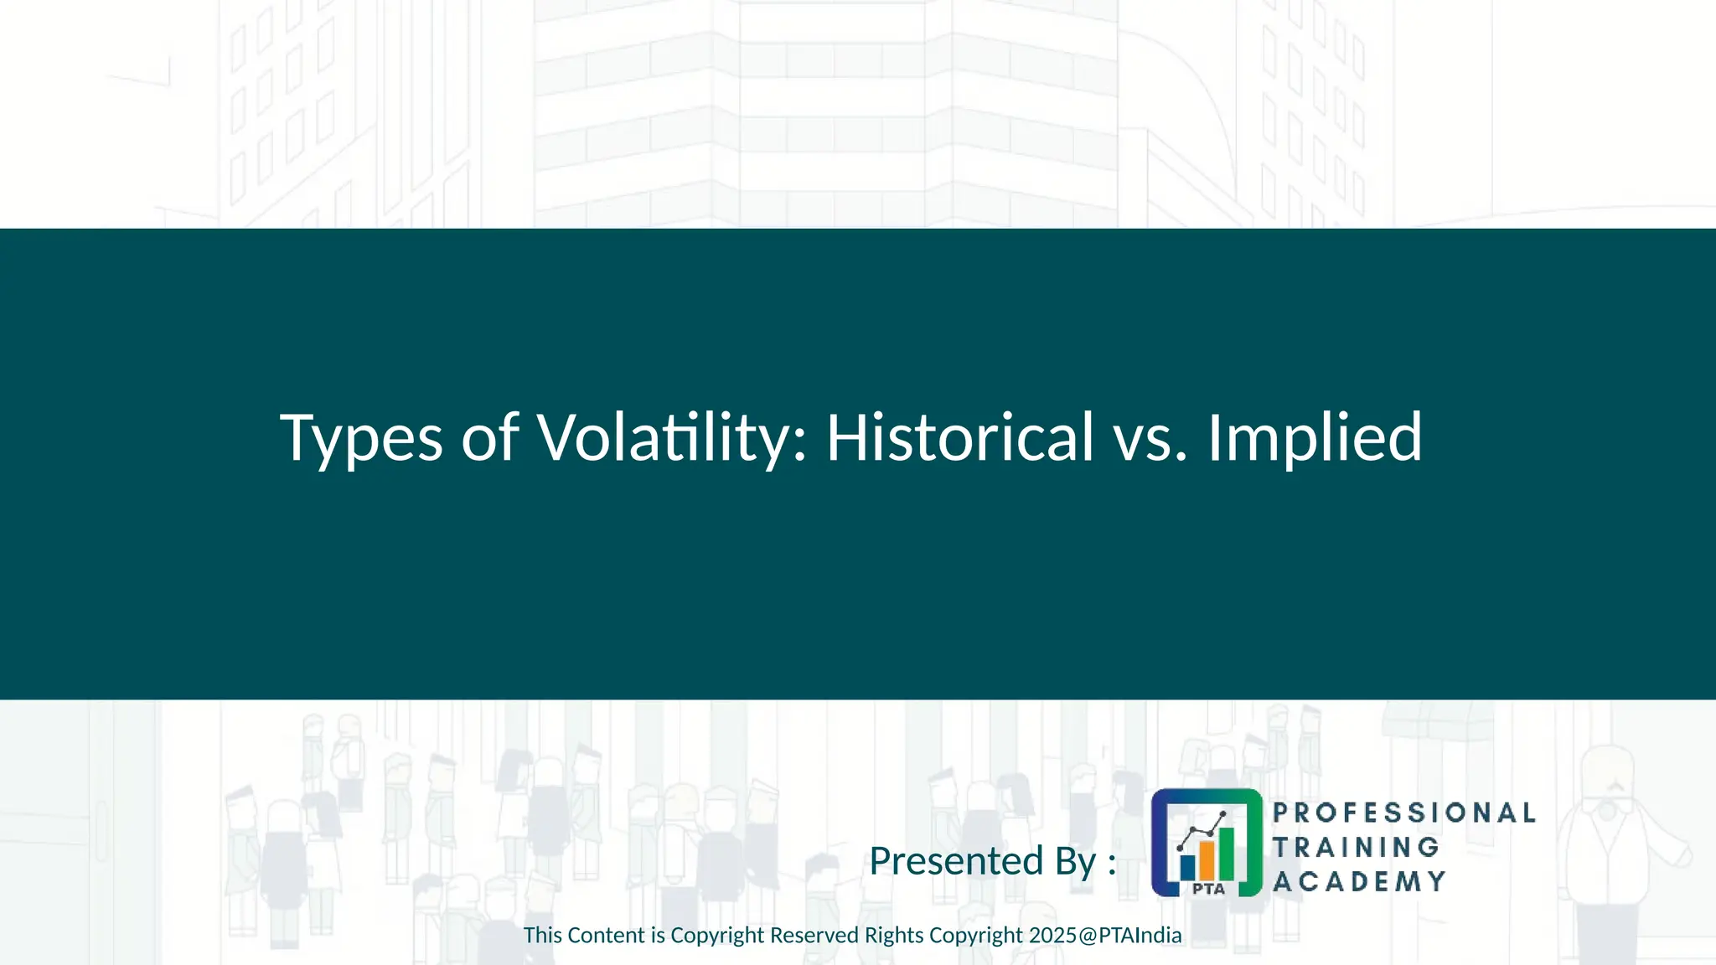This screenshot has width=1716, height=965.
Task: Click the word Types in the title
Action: coord(360,438)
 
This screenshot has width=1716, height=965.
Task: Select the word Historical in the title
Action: coord(959,436)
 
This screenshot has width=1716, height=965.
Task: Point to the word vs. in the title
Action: coord(1150,438)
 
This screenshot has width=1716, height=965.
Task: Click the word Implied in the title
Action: coord(1314,438)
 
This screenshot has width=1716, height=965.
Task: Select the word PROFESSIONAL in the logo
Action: coord(1403,813)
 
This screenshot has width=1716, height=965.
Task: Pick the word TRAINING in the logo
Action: coord(1356,847)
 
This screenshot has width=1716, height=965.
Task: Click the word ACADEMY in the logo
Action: coord(1359,881)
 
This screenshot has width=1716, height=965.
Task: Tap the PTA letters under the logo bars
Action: coord(1207,889)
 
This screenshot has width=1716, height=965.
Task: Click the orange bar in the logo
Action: coord(1207,859)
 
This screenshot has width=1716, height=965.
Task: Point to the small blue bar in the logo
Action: coord(1187,866)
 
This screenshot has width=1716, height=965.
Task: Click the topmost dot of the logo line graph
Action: coord(1223,814)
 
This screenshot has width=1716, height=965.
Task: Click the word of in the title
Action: coord(489,438)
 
